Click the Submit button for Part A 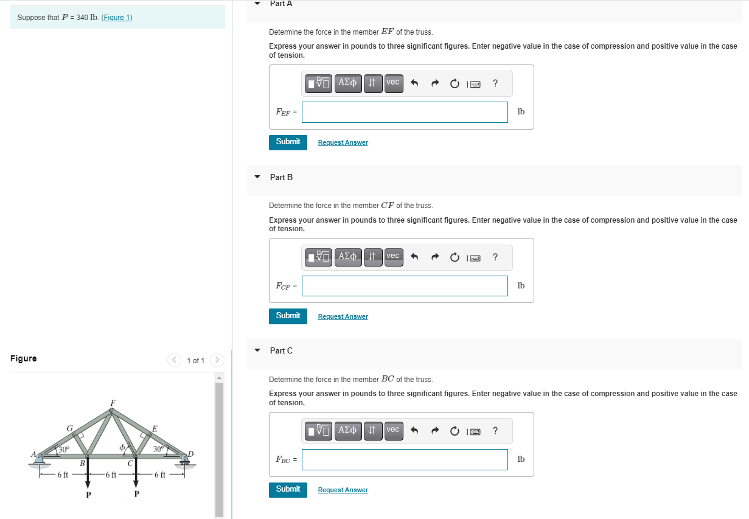point(288,142)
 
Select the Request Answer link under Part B point(343,316)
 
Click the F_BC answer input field point(405,459)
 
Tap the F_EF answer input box point(405,112)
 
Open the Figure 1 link point(117,17)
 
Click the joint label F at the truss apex point(113,403)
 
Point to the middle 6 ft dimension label point(111,475)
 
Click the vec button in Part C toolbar point(393,430)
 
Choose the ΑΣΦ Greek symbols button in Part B point(347,256)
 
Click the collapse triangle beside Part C point(257,350)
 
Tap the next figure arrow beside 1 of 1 point(217,360)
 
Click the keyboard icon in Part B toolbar point(474,257)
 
